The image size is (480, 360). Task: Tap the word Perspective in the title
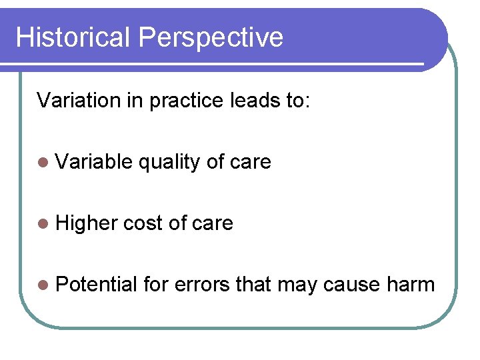coord(211,38)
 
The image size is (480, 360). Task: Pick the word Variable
coord(95,161)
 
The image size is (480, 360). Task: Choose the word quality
coord(169,163)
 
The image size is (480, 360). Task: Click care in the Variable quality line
coord(250,163)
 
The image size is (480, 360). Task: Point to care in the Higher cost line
coord(212,223)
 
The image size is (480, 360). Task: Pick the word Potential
coord(97,285)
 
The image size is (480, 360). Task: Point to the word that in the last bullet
coord(253,285)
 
